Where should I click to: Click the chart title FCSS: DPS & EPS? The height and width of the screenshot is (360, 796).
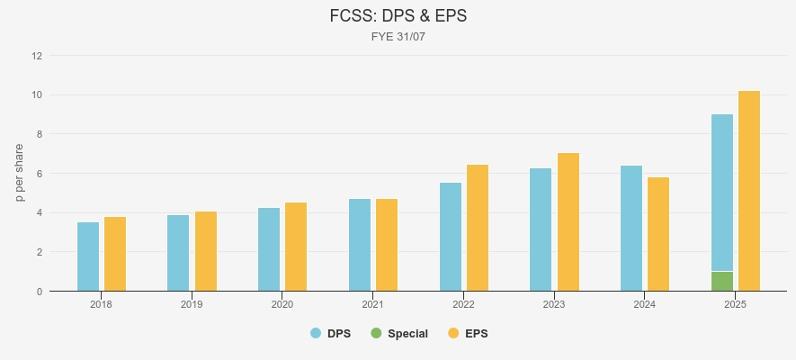click(x=398, y=16)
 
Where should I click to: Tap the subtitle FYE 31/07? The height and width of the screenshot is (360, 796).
click(x=398, y=37)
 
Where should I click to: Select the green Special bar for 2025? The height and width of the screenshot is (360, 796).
click(x=722, y=282)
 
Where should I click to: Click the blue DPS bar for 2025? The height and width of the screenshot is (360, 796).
click(x=722, y=193)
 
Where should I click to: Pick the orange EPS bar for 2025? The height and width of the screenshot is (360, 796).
click(x=749, y=191)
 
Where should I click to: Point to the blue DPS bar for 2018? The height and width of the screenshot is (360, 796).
click(x=88, y=256)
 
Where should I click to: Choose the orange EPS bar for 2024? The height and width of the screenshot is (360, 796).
click(x=658, y=234)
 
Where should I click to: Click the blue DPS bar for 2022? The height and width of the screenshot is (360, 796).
click(x=451, y=237)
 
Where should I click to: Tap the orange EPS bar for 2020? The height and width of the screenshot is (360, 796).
click(x=296, y=247)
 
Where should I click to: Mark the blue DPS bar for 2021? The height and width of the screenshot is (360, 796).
click(x=360, y=245)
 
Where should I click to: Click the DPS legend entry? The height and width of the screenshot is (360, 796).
click(x=331, y=333)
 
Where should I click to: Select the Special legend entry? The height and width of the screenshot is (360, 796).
click(x=399, y=333)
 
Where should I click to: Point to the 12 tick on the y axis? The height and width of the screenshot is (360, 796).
click(x=37, y=56)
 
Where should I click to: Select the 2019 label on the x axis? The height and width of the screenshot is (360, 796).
click(x=192, y=305)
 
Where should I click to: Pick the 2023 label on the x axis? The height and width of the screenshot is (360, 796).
click(x=554, y=305)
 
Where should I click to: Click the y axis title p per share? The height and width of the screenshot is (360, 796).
click(x=20, y=173)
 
